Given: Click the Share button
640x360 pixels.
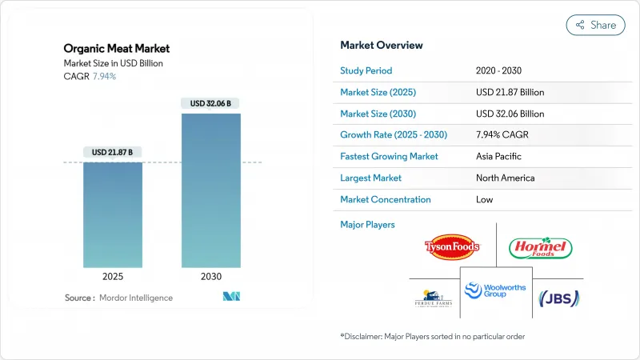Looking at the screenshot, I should coord(595,25).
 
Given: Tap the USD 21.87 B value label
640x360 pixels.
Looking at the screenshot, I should coord(112,152).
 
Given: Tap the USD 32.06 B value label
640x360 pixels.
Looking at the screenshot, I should coord(211,103).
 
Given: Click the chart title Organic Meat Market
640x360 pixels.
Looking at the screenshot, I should coord(117,49).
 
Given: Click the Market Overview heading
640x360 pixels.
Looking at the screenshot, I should coord(382,45).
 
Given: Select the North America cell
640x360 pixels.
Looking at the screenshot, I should coord(505,178).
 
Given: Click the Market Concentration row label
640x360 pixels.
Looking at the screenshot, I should coord(386,199).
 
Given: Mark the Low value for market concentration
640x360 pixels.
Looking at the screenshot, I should coord(485,199).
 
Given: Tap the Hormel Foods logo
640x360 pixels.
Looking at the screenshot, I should coord(541,247).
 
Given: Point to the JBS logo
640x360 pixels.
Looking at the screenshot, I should coord(559,298).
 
